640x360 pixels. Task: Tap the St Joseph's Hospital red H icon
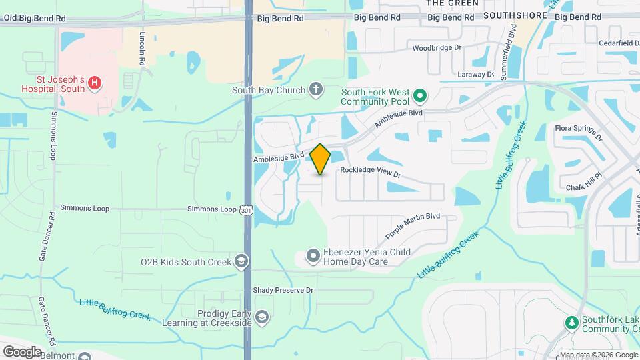tap(95, 83)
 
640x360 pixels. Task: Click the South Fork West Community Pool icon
tap(419, 97)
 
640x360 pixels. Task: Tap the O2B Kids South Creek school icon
tap(241, 262)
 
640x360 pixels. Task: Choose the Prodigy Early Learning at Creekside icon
tap(262, 316)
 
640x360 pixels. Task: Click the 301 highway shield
tap(247, 209)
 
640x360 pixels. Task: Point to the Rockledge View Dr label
tap(370, 171)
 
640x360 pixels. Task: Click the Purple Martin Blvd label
tap(413, 226)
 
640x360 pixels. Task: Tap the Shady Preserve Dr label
tap(283, 290)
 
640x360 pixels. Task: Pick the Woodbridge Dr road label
tap(437, 47)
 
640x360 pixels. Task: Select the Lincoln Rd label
tap(143, 47)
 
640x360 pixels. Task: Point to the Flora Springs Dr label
tap(579, 133)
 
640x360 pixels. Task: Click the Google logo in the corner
tap(22, 351)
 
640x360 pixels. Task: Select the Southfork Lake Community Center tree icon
tap(571, 323)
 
